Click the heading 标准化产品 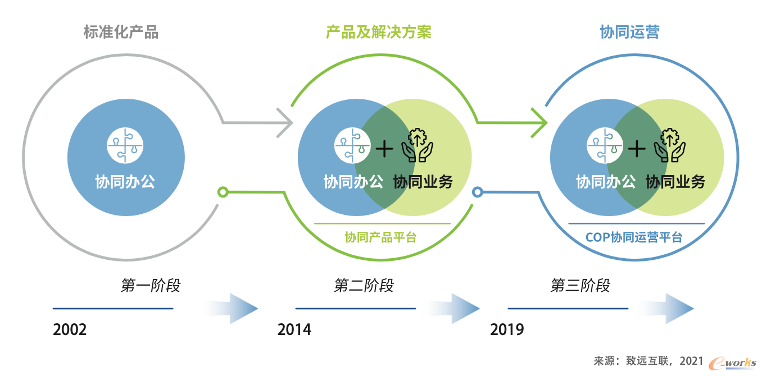click(121, 32)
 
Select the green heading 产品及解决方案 click(379, 32)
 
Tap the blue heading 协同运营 click(630, 32)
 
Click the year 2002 click(70, 329)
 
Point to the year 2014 click(294, 329)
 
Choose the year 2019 click(507, 329)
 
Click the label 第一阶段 click(151, 285)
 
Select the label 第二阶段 click(364, 285)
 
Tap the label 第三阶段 click(580, 285)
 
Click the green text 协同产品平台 click(380, 237)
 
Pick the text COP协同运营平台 click(634, 237)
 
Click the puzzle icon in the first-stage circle click(125, 145)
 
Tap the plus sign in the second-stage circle click(384, 149)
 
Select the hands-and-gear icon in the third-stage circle click(670, 145)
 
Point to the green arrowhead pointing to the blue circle click(539, 122)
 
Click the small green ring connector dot click(223, 192)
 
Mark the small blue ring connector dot click(477, 192)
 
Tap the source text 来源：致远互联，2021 click(648, 361)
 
